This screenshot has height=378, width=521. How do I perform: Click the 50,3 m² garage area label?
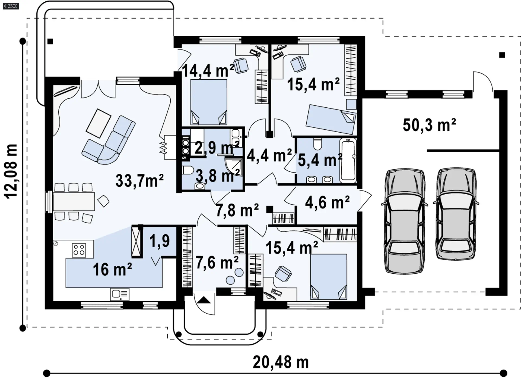point(429,125)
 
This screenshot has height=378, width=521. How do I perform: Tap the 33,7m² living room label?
point(139,181)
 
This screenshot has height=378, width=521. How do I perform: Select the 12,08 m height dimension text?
point(11,172)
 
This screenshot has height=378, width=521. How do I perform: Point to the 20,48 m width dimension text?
point(281,362)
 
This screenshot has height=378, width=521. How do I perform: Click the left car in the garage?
point(405,221)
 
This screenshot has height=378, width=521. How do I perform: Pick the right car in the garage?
point(456,214)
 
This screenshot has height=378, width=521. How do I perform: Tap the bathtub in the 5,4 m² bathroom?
point(348,160)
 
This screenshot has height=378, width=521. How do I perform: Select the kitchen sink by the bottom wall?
point(120,294)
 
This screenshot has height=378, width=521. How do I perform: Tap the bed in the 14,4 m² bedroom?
point(209,102)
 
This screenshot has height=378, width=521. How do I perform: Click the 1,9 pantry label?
point(160,241)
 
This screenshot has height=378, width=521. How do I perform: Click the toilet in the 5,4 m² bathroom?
point(317,144)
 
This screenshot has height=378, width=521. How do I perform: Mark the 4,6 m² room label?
point(328,202)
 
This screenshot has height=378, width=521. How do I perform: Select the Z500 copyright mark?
point(11,6)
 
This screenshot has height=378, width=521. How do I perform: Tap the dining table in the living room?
point(74,201)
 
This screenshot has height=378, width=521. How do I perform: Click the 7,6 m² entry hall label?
point(217,263)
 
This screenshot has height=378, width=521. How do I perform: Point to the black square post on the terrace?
point(50,42)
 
